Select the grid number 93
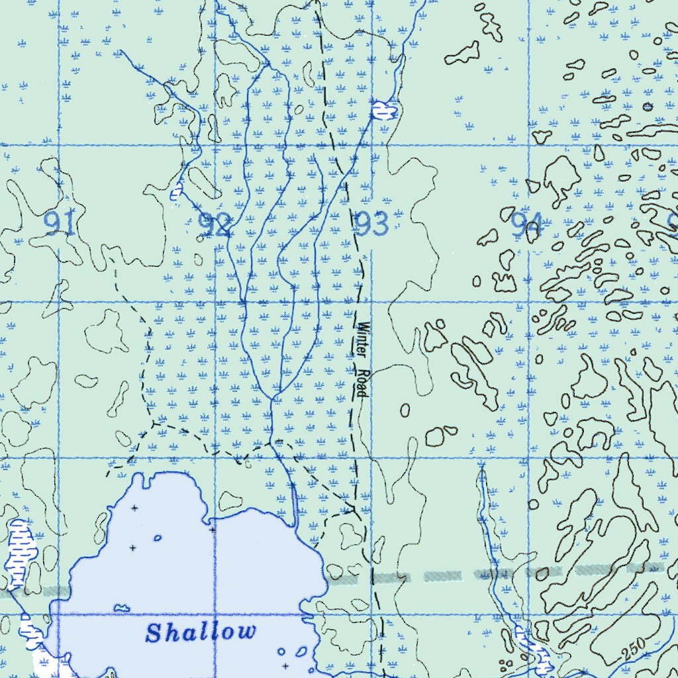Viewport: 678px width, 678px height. pos(371,224)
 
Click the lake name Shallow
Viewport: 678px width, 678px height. pos(201,632)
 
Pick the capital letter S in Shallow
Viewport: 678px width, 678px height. pos(153,634)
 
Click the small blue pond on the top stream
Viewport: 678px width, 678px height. pos(382,110)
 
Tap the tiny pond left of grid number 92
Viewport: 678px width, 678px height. pos(175,193)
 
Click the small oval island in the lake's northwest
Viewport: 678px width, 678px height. pos(158,538)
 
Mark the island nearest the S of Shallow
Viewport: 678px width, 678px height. pos(121,607)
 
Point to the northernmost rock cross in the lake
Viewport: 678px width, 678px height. pos(134,508)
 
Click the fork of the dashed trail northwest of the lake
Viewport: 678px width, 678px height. pos(154,422)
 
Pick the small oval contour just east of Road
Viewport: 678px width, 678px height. pos(405,411)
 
